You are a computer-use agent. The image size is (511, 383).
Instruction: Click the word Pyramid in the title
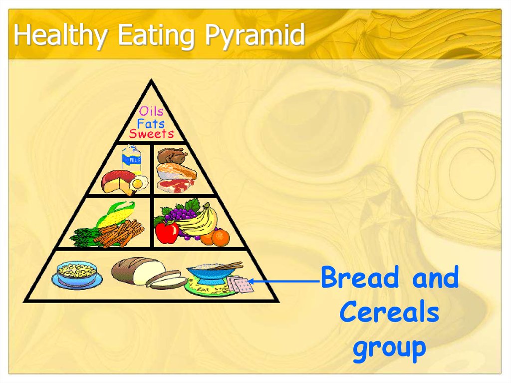tap(255, 36)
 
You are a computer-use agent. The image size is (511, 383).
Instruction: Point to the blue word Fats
tap(151, 123)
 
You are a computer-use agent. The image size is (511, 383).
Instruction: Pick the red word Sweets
tap(151, 134)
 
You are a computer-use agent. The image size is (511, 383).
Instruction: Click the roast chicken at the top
tap(172, 156)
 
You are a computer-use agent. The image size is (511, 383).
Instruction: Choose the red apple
tap(167, 232)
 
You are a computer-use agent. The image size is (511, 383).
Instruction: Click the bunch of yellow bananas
tap(200, 222)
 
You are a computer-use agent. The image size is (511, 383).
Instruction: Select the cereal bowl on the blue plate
tap(76, 274)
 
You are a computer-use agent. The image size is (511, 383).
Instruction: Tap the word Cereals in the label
tap(389, 312)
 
